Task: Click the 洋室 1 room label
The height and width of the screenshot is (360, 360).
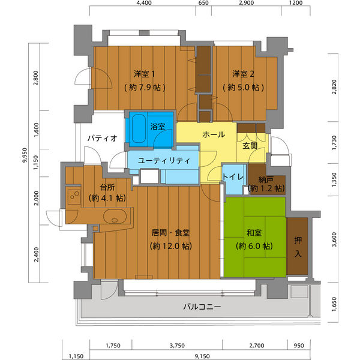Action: pos(145,74)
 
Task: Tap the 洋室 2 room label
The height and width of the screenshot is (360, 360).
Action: pos(243,74)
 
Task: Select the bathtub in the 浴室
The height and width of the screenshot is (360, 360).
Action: pos(139,128)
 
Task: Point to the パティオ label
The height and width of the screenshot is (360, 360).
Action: pos(103,138)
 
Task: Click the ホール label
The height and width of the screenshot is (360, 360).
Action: pos(214,134)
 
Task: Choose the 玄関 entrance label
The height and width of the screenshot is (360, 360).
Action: pos(250,146)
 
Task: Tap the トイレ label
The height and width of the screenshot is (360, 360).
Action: pos(233,177)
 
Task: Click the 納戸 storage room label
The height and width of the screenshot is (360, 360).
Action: pos(266,180)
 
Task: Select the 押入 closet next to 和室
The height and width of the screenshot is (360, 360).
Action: pos(298,247)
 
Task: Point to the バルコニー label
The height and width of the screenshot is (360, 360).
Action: pos(202,307)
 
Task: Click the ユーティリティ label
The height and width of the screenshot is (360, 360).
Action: pos(164,160)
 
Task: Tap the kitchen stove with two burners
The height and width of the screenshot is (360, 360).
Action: pos(74,196)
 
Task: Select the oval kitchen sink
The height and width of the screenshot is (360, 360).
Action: pos(115,216)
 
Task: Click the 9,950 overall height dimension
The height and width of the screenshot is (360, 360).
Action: pos(25,155)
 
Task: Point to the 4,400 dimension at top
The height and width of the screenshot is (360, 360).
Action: pos(144,3)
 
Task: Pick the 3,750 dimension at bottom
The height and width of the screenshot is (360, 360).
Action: pos(177,346)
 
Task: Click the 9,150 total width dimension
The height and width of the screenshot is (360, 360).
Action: pos(202,356)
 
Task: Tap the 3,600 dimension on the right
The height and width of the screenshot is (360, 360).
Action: pos(334,239)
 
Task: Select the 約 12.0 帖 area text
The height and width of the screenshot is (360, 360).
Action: pos(171,246)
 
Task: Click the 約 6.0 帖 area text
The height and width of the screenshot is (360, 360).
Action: pos(254,246)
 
